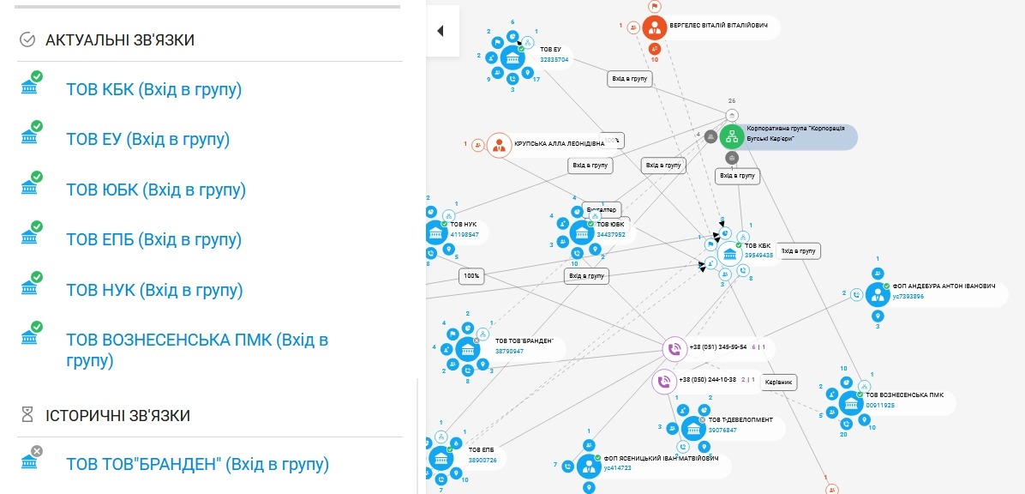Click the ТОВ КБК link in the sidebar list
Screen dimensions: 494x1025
(153, 89)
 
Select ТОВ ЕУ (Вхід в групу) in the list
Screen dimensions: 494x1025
(147, 139)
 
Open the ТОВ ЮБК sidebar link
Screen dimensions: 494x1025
(155, 190)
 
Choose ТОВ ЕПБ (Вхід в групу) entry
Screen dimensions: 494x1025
(153, 239)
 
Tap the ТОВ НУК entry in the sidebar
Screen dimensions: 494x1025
(154, 290)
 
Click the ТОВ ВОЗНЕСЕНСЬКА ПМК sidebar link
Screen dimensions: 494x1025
(197, 349)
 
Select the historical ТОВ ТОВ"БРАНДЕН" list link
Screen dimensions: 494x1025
(197, 464)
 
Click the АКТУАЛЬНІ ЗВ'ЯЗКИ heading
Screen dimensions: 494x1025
(119, 39)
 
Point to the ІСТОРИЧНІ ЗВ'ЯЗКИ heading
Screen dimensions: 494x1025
(117, 415)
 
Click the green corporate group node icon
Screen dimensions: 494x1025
(731, 136)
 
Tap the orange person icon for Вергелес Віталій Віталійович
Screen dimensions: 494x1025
(655, 27)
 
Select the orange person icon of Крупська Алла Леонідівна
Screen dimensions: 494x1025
(499, 145)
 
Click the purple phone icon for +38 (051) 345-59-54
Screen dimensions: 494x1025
(674, 349)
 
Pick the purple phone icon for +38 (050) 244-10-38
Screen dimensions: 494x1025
(663, 381)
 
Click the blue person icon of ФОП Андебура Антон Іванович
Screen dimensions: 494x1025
(877, 294)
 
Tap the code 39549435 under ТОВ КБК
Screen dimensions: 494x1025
(758, 255)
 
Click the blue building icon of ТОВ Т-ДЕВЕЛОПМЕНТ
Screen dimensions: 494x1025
(693, 428)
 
